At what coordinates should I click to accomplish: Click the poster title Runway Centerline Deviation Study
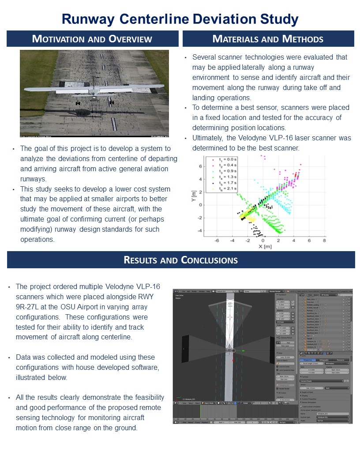(x=180, y=19)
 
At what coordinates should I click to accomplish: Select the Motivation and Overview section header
(x=92, y=39)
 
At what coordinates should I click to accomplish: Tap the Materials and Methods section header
(x=268, y=39)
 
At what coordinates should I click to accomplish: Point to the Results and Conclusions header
(x=181, y=260)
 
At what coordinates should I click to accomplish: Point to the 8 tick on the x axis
(x=325, y=241)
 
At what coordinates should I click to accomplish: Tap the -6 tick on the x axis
(x=217, y=241)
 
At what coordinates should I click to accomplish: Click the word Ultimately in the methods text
(x=207, y=138)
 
